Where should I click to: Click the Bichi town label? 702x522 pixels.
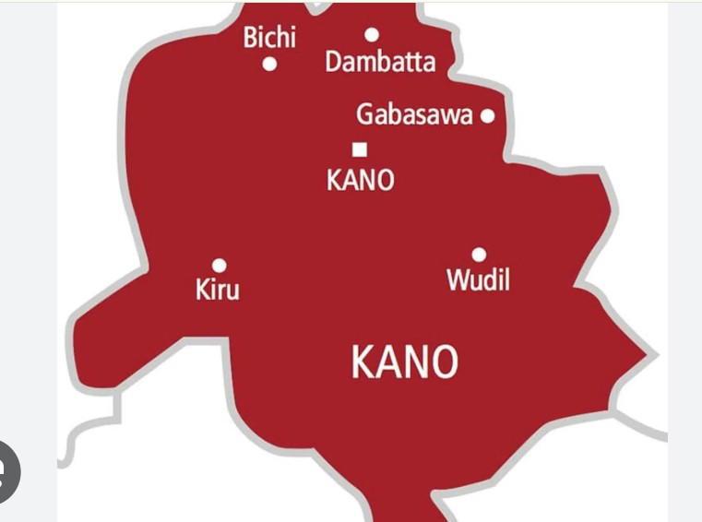click(269, 38)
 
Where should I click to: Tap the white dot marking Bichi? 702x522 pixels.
click(270, 65)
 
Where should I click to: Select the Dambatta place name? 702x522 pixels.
click(379, 64)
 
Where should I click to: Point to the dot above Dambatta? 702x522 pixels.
click(372, 35)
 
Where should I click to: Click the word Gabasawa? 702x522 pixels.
click(414, 116)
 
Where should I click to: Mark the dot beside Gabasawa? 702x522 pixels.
click(487, 116)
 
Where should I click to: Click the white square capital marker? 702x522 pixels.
click(360, 149)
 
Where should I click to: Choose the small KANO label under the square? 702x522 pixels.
click(360, 180)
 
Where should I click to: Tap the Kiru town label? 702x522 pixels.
click(218, 290)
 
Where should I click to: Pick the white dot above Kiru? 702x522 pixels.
click(219, 266)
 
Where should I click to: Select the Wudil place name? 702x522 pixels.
click(478, 279)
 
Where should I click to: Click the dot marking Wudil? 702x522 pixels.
click(479, 255)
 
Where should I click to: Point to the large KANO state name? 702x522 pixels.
click(404, 362)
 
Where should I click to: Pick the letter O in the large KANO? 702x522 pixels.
click(444, 362)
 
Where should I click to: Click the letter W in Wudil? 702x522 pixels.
click(458, 279)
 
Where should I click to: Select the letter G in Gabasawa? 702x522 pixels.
click(365, 116)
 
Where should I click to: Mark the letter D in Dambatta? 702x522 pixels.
click(333, 64)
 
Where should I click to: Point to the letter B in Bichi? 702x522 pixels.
click(250, 38)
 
